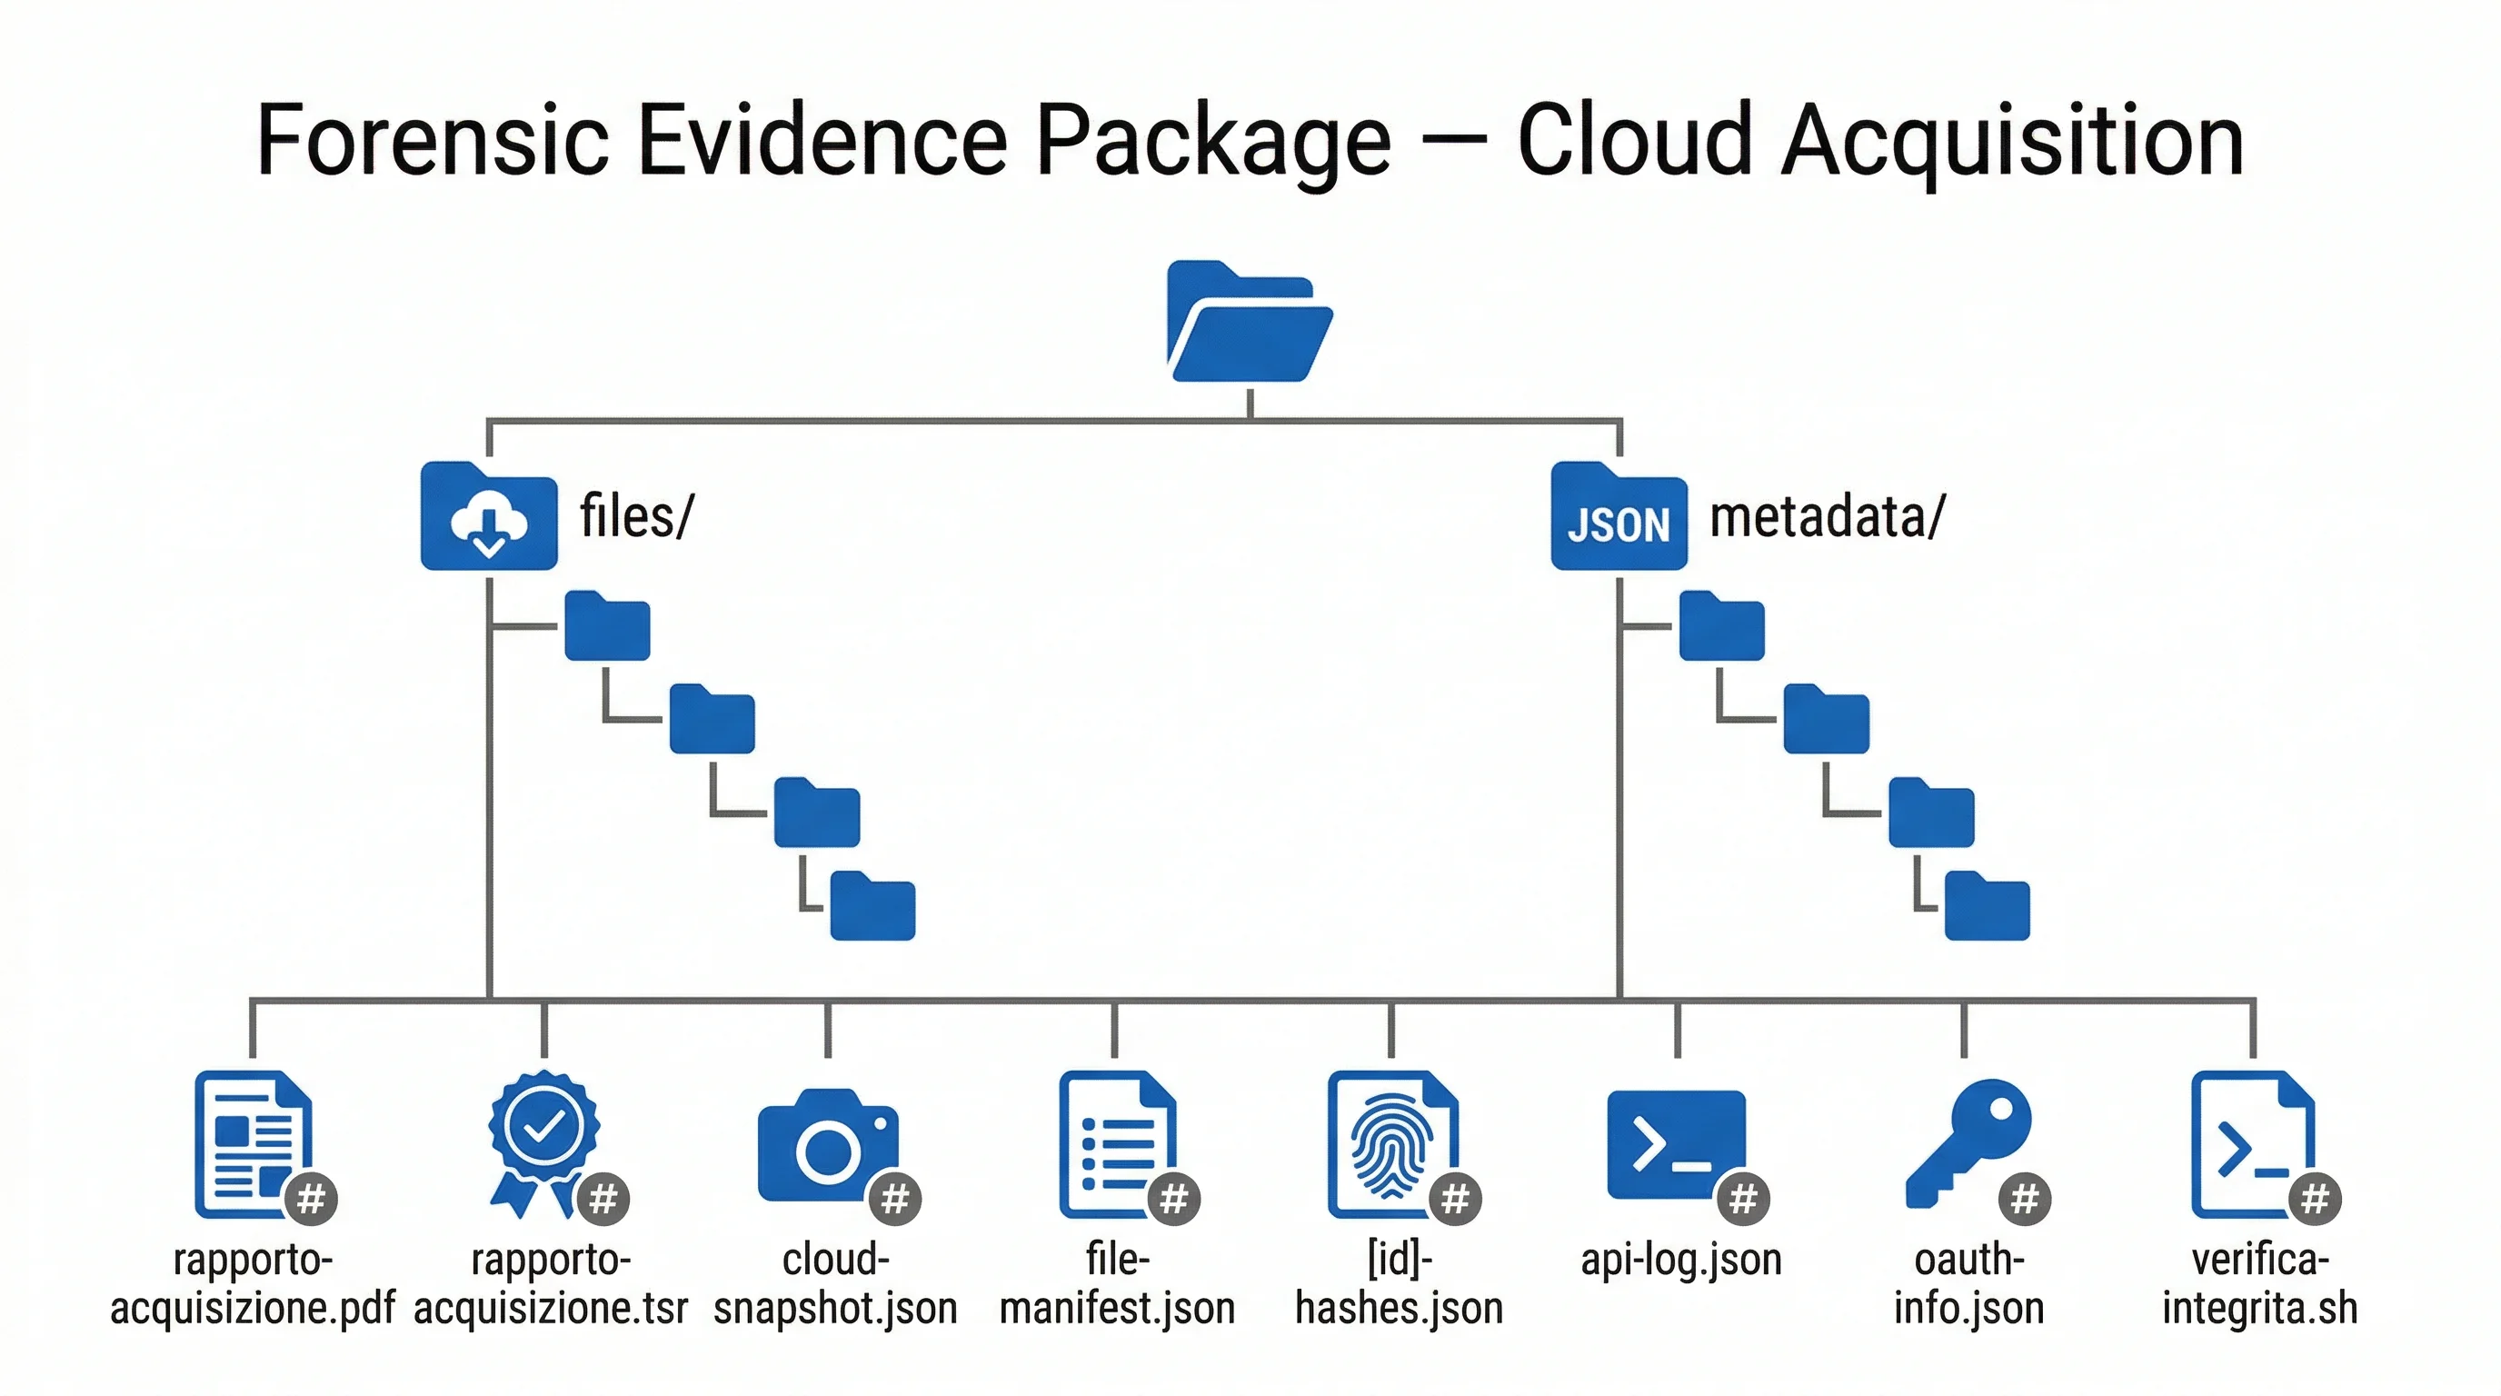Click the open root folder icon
pos(1249,323)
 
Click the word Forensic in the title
pos(431,142)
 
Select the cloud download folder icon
pos(488,518)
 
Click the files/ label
pos(636,515)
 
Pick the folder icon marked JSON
pos(1619,518)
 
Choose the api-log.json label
pos(1680,1260)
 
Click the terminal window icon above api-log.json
pos(1675,1143)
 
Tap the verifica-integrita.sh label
pos(2259,1283)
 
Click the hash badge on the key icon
pos(2024,1200)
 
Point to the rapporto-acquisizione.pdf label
pos(253,1283)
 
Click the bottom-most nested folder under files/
pos(872,907)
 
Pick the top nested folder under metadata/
pos(1721,627)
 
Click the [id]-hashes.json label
pos(1399,1283)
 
